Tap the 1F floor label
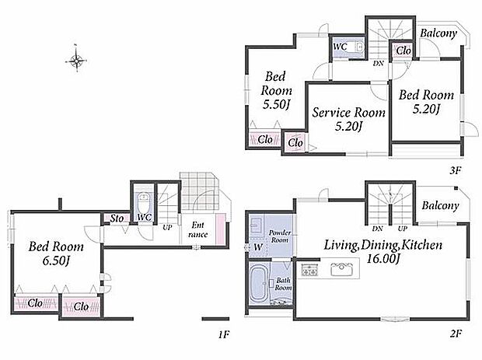[x=224, y=334]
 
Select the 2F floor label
[x=456, y=334]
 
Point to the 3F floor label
[x=456, y=170]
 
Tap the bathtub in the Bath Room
[x=259, y=284]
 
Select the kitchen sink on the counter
[x=341, y=270]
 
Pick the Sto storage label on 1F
[x=117, y=218]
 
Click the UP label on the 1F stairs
[x=167, y=228]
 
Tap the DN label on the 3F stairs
[x=379, y=63]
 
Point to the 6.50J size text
[x=56, y=261]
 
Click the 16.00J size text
[x=383, y=259]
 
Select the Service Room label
[x=348, y=113]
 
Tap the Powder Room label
[x=279, y=236]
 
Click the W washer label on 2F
[x=258, y=246]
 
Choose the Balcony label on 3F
[x=438, y=33]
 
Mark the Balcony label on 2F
[x=440, y=205]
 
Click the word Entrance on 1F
[x=198, y=229]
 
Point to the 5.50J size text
[x=276, y=105]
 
